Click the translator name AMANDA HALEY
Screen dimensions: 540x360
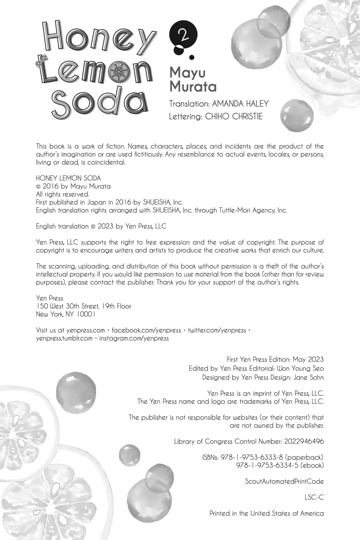[x=240, y=104]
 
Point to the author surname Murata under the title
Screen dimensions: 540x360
[x=193, y=86]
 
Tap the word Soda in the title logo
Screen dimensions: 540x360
[x=100, y=102]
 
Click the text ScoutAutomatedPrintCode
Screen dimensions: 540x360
[x=284, y=481]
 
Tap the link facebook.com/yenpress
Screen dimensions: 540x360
[x=146, y=330]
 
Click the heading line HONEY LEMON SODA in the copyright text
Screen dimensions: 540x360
[x=68, y=178]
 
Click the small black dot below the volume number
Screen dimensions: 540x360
[x=192, y=57]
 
